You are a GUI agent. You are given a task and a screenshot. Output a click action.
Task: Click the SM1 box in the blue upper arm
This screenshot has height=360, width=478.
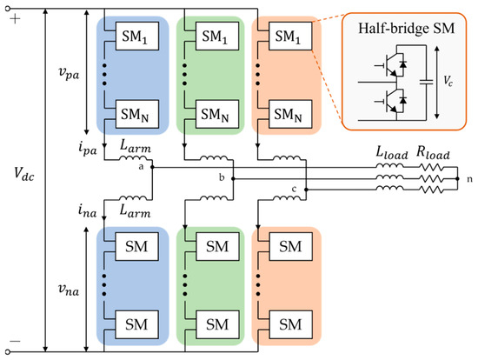(136, 36)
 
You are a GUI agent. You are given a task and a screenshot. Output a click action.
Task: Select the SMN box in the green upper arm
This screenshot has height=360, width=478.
(217, 114)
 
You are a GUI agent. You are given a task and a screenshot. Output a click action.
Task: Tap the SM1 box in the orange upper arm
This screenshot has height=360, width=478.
(290, 36)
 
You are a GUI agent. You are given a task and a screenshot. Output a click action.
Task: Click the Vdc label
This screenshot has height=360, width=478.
(24, 175)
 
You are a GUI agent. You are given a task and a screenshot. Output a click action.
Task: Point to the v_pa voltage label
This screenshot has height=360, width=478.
(69, 74)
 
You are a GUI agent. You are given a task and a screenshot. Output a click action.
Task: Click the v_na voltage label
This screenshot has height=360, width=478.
(69, 290)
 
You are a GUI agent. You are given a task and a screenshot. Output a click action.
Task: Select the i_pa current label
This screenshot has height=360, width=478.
(88, 149)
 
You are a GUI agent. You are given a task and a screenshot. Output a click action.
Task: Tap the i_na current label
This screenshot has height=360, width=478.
(88, 210)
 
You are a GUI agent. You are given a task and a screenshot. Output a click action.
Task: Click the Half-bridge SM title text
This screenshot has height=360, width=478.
(406, 29)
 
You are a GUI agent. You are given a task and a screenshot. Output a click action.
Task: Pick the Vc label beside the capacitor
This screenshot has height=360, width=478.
(448, 81)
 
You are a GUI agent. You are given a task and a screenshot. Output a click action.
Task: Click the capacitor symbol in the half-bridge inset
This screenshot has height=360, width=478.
(426, 82)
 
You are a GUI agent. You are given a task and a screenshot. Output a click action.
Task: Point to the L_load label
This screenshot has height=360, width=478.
(392, 152)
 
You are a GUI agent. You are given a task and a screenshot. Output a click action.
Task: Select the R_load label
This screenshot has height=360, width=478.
(433, 152)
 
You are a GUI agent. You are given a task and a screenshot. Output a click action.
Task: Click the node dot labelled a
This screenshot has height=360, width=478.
(152, 167)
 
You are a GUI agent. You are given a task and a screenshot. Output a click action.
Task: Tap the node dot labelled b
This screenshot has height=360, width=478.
(233, 179)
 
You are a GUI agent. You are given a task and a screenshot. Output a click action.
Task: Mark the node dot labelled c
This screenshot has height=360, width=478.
(307, 190)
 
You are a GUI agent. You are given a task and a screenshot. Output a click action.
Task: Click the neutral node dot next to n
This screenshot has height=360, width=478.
(457, 179)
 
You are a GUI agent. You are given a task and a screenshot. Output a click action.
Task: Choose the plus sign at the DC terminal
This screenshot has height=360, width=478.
(15, 19)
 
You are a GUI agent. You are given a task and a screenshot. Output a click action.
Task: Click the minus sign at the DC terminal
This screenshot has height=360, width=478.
(15, 341)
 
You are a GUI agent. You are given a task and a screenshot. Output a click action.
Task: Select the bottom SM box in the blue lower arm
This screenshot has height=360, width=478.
(136, 324)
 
